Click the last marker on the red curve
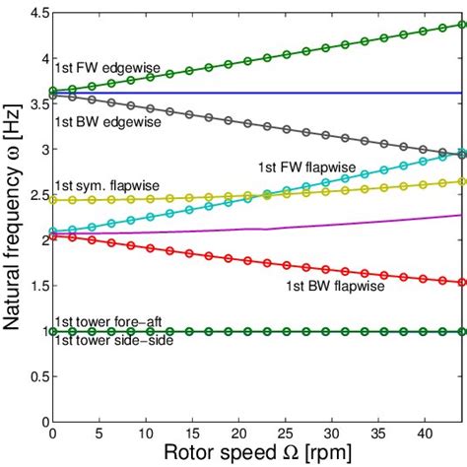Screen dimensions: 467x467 [462, 282]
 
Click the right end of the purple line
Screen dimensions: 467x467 [462, 215]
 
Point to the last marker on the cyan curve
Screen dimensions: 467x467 [462, 153]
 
